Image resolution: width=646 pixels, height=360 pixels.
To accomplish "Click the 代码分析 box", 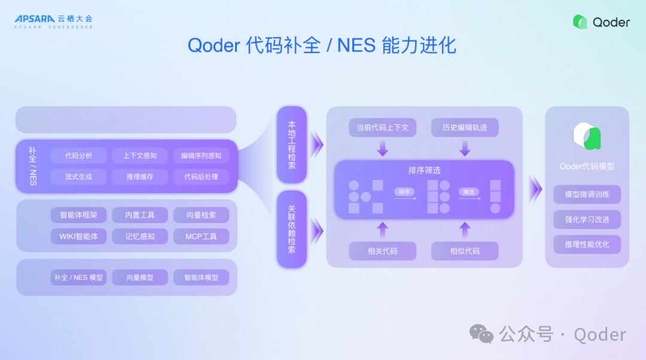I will pos(79,155).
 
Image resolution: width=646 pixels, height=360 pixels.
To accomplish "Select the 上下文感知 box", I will pos(140,155).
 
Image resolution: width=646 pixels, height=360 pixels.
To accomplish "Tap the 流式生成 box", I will pos(79,176).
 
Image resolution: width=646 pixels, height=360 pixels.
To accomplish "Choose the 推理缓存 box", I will pos(140,176).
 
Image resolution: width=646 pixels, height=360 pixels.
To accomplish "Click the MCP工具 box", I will pos(201,236).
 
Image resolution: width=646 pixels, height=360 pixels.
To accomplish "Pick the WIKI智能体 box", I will pos(79,236).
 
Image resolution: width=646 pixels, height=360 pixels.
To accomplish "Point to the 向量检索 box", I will pos(201,215).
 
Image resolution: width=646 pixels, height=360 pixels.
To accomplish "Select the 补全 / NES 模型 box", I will pos(79,277).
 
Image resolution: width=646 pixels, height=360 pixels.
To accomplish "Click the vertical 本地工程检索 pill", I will pos(291,145).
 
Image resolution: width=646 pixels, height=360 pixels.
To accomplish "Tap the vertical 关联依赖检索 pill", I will pos(291,229).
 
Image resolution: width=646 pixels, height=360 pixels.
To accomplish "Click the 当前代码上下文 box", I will pos(383,127).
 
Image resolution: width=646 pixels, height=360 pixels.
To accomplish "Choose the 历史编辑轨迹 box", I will pos(465,127).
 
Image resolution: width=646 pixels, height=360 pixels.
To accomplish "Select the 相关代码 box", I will pos(383,251).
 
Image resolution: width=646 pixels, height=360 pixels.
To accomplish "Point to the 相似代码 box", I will pos(465,251).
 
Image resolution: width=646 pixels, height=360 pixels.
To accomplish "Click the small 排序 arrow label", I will pos(404,192).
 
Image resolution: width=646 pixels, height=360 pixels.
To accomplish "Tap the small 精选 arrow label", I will pos(469,192).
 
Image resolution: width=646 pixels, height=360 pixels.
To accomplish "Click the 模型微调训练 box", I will pos(587,194).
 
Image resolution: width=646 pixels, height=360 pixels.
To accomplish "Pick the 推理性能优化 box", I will pos(587,244).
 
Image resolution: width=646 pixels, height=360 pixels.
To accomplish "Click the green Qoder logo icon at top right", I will pos(580,22).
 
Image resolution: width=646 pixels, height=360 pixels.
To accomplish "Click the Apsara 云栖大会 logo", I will pos(54,22).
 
